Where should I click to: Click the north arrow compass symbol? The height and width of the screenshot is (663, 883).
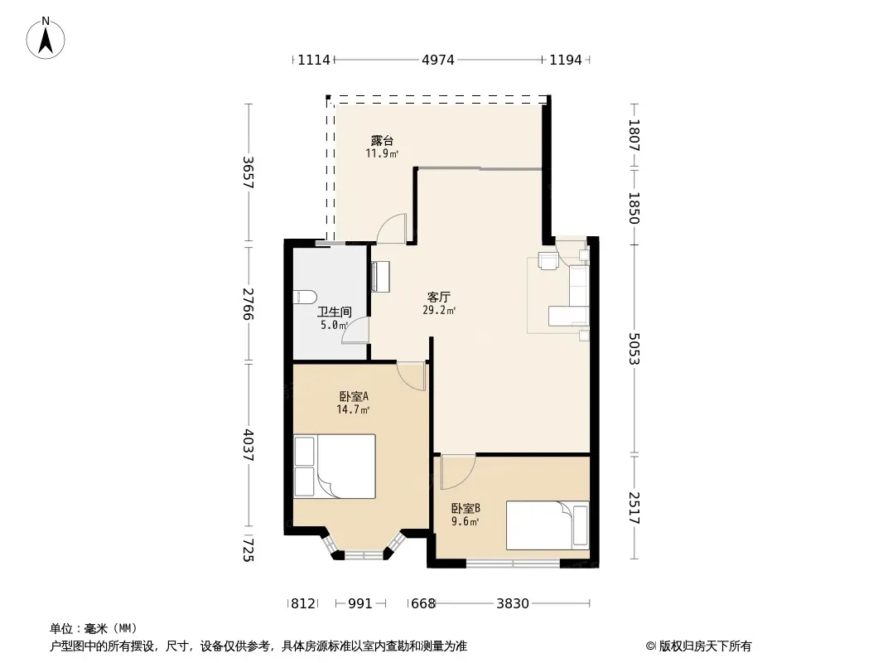point(46,38)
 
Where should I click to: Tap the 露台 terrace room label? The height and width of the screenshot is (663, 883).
point(382,141)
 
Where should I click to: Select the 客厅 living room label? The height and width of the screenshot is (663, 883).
point(439,297)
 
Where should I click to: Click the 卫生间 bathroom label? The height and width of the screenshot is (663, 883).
point(335,312)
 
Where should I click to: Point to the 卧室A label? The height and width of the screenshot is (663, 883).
point(354,397)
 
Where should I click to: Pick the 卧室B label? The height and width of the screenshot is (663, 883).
point(466,509)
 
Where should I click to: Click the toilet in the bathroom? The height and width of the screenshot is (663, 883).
point(305,297)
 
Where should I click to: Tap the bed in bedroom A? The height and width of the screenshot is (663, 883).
point(335,466)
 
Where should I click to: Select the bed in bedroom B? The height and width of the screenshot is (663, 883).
point(548,525)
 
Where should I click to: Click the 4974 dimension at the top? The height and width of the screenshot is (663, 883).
point(438,60)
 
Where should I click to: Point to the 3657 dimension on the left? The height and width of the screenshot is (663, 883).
point(248,172)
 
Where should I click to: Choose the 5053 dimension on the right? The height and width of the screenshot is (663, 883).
point(635,349)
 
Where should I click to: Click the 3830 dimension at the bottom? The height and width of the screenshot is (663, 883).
point(513,604)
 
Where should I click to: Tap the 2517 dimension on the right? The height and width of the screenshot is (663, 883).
point(635,508)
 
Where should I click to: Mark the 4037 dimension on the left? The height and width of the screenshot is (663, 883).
point(248,446)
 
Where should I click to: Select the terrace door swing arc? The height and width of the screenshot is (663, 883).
point(390,229)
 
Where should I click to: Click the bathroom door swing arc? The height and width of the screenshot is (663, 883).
point(355,331)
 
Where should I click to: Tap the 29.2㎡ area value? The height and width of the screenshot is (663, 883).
point(439,310)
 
